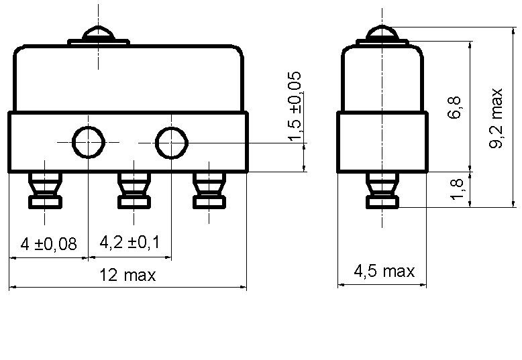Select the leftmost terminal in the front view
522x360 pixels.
point(45,190)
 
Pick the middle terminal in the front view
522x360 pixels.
point(134,190)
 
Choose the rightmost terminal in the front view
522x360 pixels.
point(209,190)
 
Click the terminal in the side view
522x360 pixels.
point(382,190)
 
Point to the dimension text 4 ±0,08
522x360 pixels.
point(48,244)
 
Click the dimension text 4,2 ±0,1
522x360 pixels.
point(129,242)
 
